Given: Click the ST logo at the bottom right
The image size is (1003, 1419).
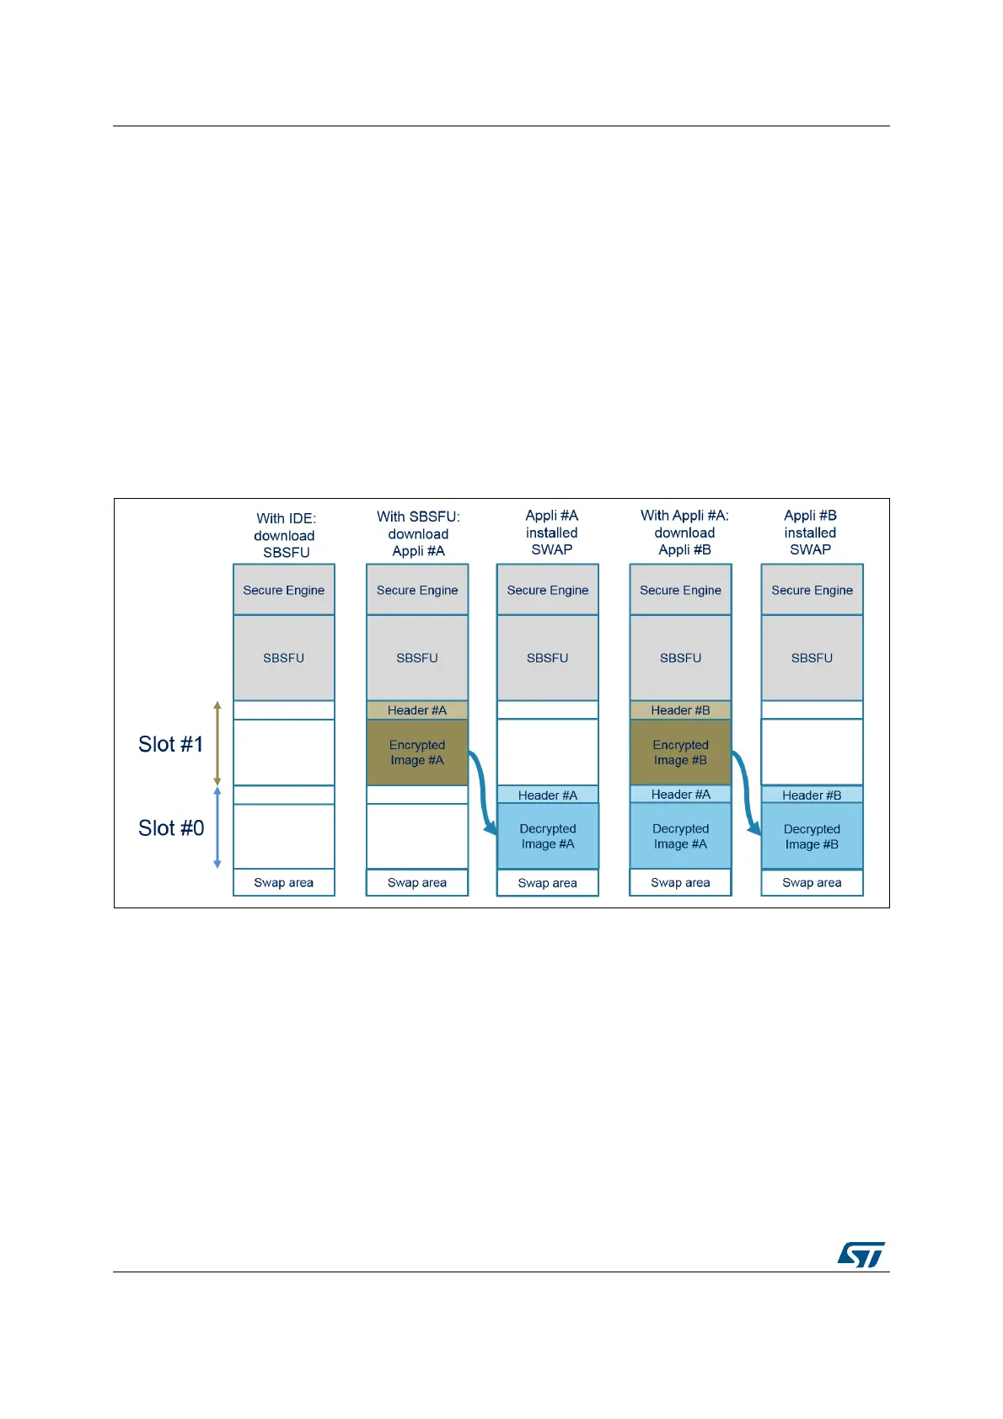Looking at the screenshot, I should pos(861,1254).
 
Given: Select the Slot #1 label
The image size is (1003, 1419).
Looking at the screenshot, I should pos(171,744).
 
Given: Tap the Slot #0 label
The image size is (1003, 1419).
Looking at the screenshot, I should pos(171,828).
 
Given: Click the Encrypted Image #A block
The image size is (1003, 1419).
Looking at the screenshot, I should pos(417,752).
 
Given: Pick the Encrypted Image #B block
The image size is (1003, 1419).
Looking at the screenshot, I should pos(680,752).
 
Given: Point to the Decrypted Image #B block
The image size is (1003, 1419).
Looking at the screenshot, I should pos(812,837).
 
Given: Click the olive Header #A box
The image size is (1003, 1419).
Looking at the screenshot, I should pos(417,710).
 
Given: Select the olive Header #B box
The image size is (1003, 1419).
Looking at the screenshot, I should pos(680,710).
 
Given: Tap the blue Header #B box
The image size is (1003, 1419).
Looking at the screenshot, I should pos(812,795).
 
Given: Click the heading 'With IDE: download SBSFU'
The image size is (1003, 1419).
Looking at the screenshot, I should pos(286,535).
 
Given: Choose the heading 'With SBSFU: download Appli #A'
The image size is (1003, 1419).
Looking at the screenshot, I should pos(418,533).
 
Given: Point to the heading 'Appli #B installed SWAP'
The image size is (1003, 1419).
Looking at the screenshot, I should pos(810,533).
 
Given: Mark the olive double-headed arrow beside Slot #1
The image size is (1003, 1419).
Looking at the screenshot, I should pos(217,743).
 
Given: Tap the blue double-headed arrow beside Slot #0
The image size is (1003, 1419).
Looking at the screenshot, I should pos(217,827).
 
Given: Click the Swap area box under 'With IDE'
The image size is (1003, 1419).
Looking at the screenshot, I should pos(284,882).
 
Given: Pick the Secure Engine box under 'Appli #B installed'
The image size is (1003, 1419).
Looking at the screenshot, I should pos(812,590).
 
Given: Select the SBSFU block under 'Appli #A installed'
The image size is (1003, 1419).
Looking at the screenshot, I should pos(548,658).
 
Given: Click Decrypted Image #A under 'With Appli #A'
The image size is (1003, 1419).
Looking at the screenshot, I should pos(680,837).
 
